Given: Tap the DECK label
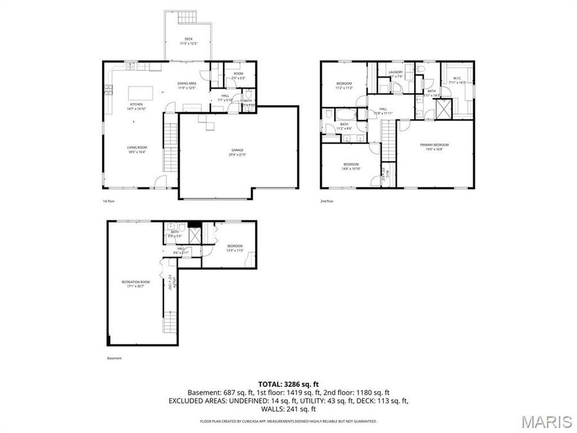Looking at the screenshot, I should (188, 40).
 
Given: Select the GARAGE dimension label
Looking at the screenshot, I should (238, 155).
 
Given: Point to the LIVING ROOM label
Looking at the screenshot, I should (137, 149).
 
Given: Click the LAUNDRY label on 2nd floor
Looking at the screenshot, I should (396, 72).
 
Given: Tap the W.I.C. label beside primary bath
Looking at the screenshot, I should (457, 80).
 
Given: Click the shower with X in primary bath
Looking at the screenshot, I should (442, 110).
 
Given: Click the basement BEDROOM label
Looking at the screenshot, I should (235, 246).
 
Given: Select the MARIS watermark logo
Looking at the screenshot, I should (546, 421).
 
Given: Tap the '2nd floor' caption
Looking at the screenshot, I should (328, 201).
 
